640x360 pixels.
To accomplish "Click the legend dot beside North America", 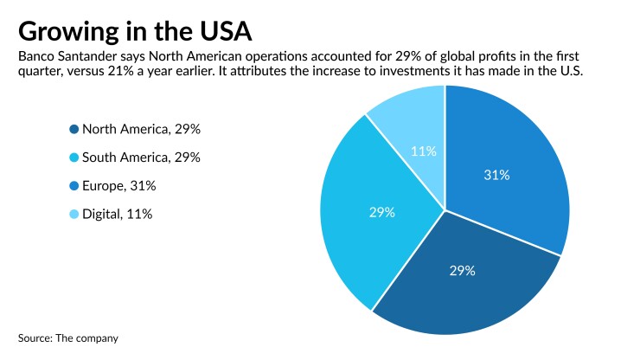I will click(74, 130).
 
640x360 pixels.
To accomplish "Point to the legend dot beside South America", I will click(74, 157).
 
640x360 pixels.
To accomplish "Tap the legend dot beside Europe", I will click(74, 185).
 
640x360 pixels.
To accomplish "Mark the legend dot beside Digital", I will click(74, 213).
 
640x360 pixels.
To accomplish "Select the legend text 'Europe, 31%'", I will click(118, 185).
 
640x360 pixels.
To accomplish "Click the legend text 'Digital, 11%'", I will click(118, 213).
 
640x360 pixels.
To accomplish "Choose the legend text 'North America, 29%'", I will click(141, 130).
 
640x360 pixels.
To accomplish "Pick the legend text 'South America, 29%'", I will click(141, 157).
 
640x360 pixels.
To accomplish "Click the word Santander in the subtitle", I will click(93, 56).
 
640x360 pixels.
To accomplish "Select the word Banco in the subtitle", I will click(36, 56).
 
